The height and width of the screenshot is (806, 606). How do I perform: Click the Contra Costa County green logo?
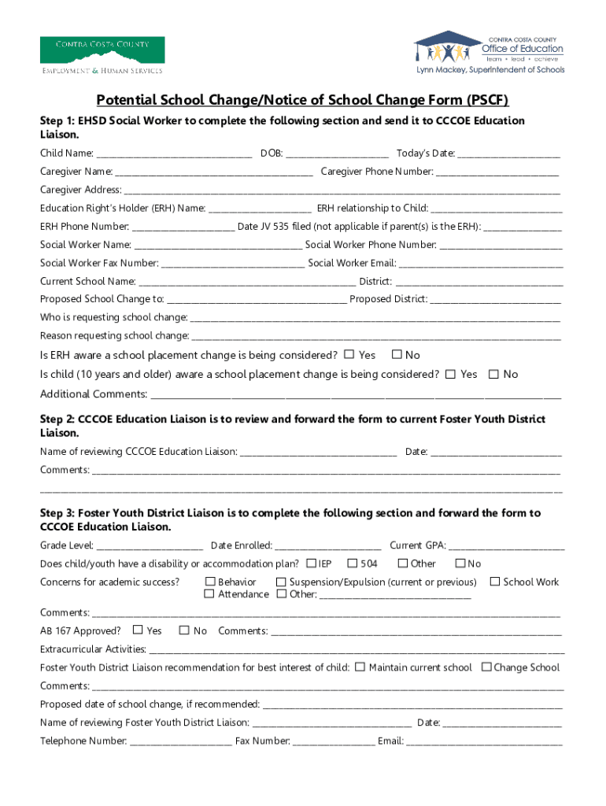point(102,55)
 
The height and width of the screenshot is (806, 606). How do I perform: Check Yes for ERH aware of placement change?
point(349,355)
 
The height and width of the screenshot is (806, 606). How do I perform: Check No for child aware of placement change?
point(493,375)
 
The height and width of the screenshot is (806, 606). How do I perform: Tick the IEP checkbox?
point(311,564)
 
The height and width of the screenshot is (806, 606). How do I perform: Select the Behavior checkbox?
point(209,582)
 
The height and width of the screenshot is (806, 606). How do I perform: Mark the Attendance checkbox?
point(209,594)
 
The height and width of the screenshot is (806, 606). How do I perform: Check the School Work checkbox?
point(495,582)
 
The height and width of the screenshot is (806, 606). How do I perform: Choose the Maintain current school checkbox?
point(360,667)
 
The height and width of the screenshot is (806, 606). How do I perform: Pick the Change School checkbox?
point(486,667)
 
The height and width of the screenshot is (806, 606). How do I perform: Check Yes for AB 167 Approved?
point(138,630)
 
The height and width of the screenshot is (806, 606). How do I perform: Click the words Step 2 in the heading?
point(56,420)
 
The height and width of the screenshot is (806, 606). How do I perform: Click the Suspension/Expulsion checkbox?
point(281,582)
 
